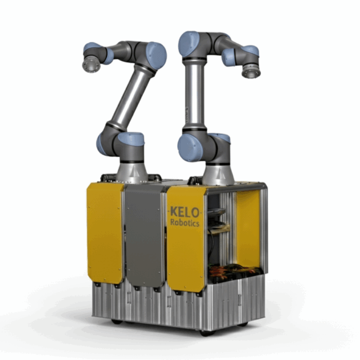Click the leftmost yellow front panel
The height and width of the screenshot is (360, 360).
pos(105,232)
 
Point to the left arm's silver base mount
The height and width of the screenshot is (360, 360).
pos(132,171)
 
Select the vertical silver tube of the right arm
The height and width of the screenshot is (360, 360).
pos(194,94)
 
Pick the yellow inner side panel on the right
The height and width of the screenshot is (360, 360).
pos(248,230)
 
